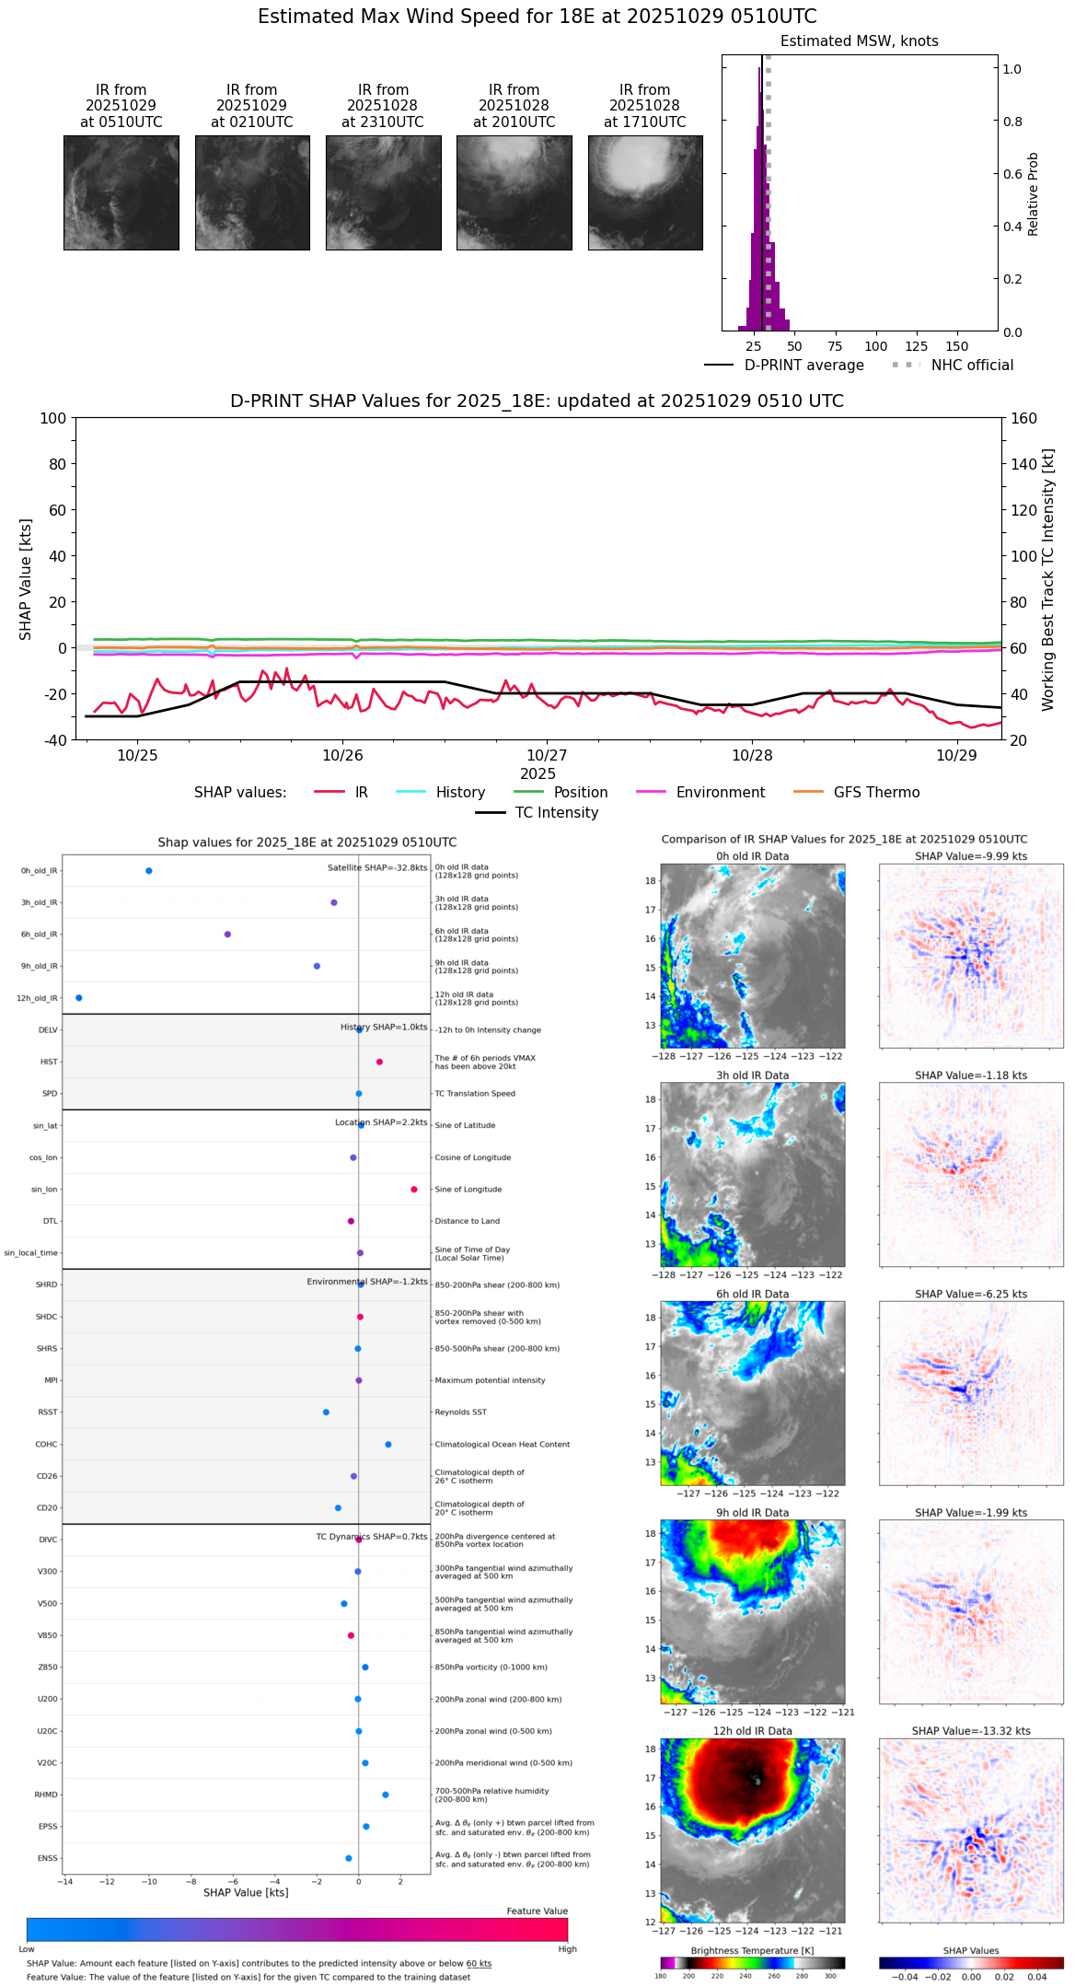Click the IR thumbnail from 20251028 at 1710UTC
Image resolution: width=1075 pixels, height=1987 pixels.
(645, 192)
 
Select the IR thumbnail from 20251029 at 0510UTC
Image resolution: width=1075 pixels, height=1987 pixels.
(121, 192)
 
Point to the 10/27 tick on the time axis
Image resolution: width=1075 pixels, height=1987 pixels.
(547, 755)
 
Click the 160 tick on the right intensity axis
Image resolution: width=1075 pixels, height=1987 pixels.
(1023, 418)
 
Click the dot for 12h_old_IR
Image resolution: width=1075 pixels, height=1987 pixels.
(79, 998)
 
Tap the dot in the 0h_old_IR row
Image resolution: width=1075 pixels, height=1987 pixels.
(149, 871)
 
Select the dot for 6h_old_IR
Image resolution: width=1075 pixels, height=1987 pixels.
(227, 935)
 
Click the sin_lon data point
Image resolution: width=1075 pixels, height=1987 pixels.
(414, 1190)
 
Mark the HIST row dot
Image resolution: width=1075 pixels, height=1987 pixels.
(379, 1062)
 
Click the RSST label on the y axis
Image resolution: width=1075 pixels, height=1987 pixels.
(48, 1412)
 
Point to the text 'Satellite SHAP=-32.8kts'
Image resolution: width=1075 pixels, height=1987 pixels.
(377, 868)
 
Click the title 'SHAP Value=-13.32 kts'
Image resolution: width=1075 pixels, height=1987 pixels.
(971, 1731)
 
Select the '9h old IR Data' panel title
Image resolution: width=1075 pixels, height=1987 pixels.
(752, 1513)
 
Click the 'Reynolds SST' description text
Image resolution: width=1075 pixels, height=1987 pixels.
(460, 1412)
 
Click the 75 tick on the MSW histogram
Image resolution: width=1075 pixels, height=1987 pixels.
(835, 346)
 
